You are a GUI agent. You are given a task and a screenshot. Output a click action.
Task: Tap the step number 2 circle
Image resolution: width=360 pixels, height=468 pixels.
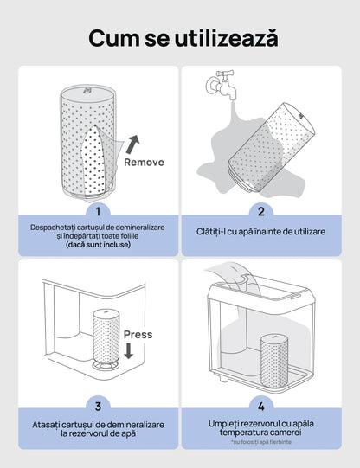click(261, 210)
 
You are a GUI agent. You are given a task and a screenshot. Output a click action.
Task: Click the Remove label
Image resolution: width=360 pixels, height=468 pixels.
click(144, 162)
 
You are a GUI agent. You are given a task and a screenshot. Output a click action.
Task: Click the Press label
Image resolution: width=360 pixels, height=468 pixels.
click(138, 334)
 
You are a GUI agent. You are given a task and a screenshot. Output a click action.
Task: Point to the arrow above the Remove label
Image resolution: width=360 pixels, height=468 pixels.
click(132, 143)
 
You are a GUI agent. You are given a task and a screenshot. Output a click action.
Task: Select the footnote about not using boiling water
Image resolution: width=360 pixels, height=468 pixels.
click(261, 442)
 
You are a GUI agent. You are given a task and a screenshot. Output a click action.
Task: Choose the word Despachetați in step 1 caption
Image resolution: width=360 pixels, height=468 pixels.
click(57, 226)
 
